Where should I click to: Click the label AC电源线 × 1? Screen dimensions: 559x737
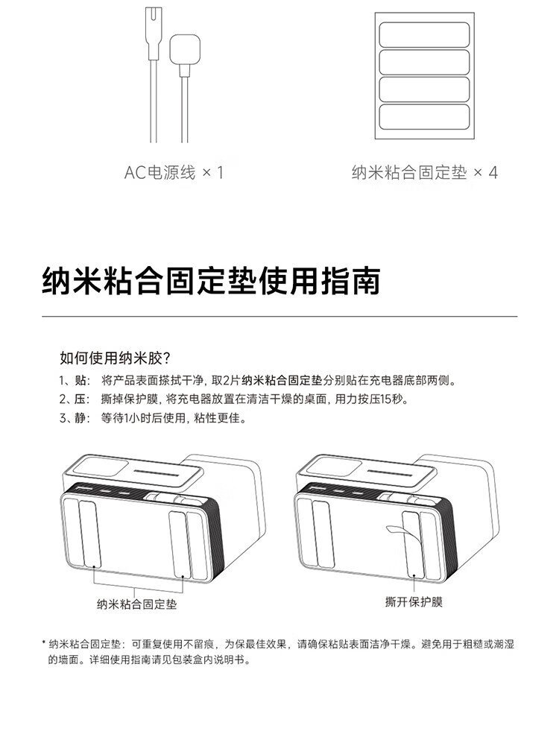point(174,172)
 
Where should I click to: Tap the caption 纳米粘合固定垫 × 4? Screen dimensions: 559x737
point(425,172)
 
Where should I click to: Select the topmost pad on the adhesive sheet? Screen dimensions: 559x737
point(424,34)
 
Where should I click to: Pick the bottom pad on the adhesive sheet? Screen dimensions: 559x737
point(424,116)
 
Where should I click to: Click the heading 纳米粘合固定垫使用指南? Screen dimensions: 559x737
point(211,281)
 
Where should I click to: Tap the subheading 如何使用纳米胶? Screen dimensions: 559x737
point(115,358)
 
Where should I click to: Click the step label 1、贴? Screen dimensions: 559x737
point(75,380)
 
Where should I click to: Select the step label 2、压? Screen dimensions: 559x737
point(75,399)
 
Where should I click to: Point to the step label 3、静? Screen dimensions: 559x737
point(75,418)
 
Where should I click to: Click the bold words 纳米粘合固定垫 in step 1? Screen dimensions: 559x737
point(282,380)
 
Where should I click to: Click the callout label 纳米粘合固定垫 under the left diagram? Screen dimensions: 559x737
point(137,604)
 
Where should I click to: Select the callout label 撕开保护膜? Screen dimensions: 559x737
point(414,602)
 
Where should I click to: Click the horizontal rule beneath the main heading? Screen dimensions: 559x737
point(279,317)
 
